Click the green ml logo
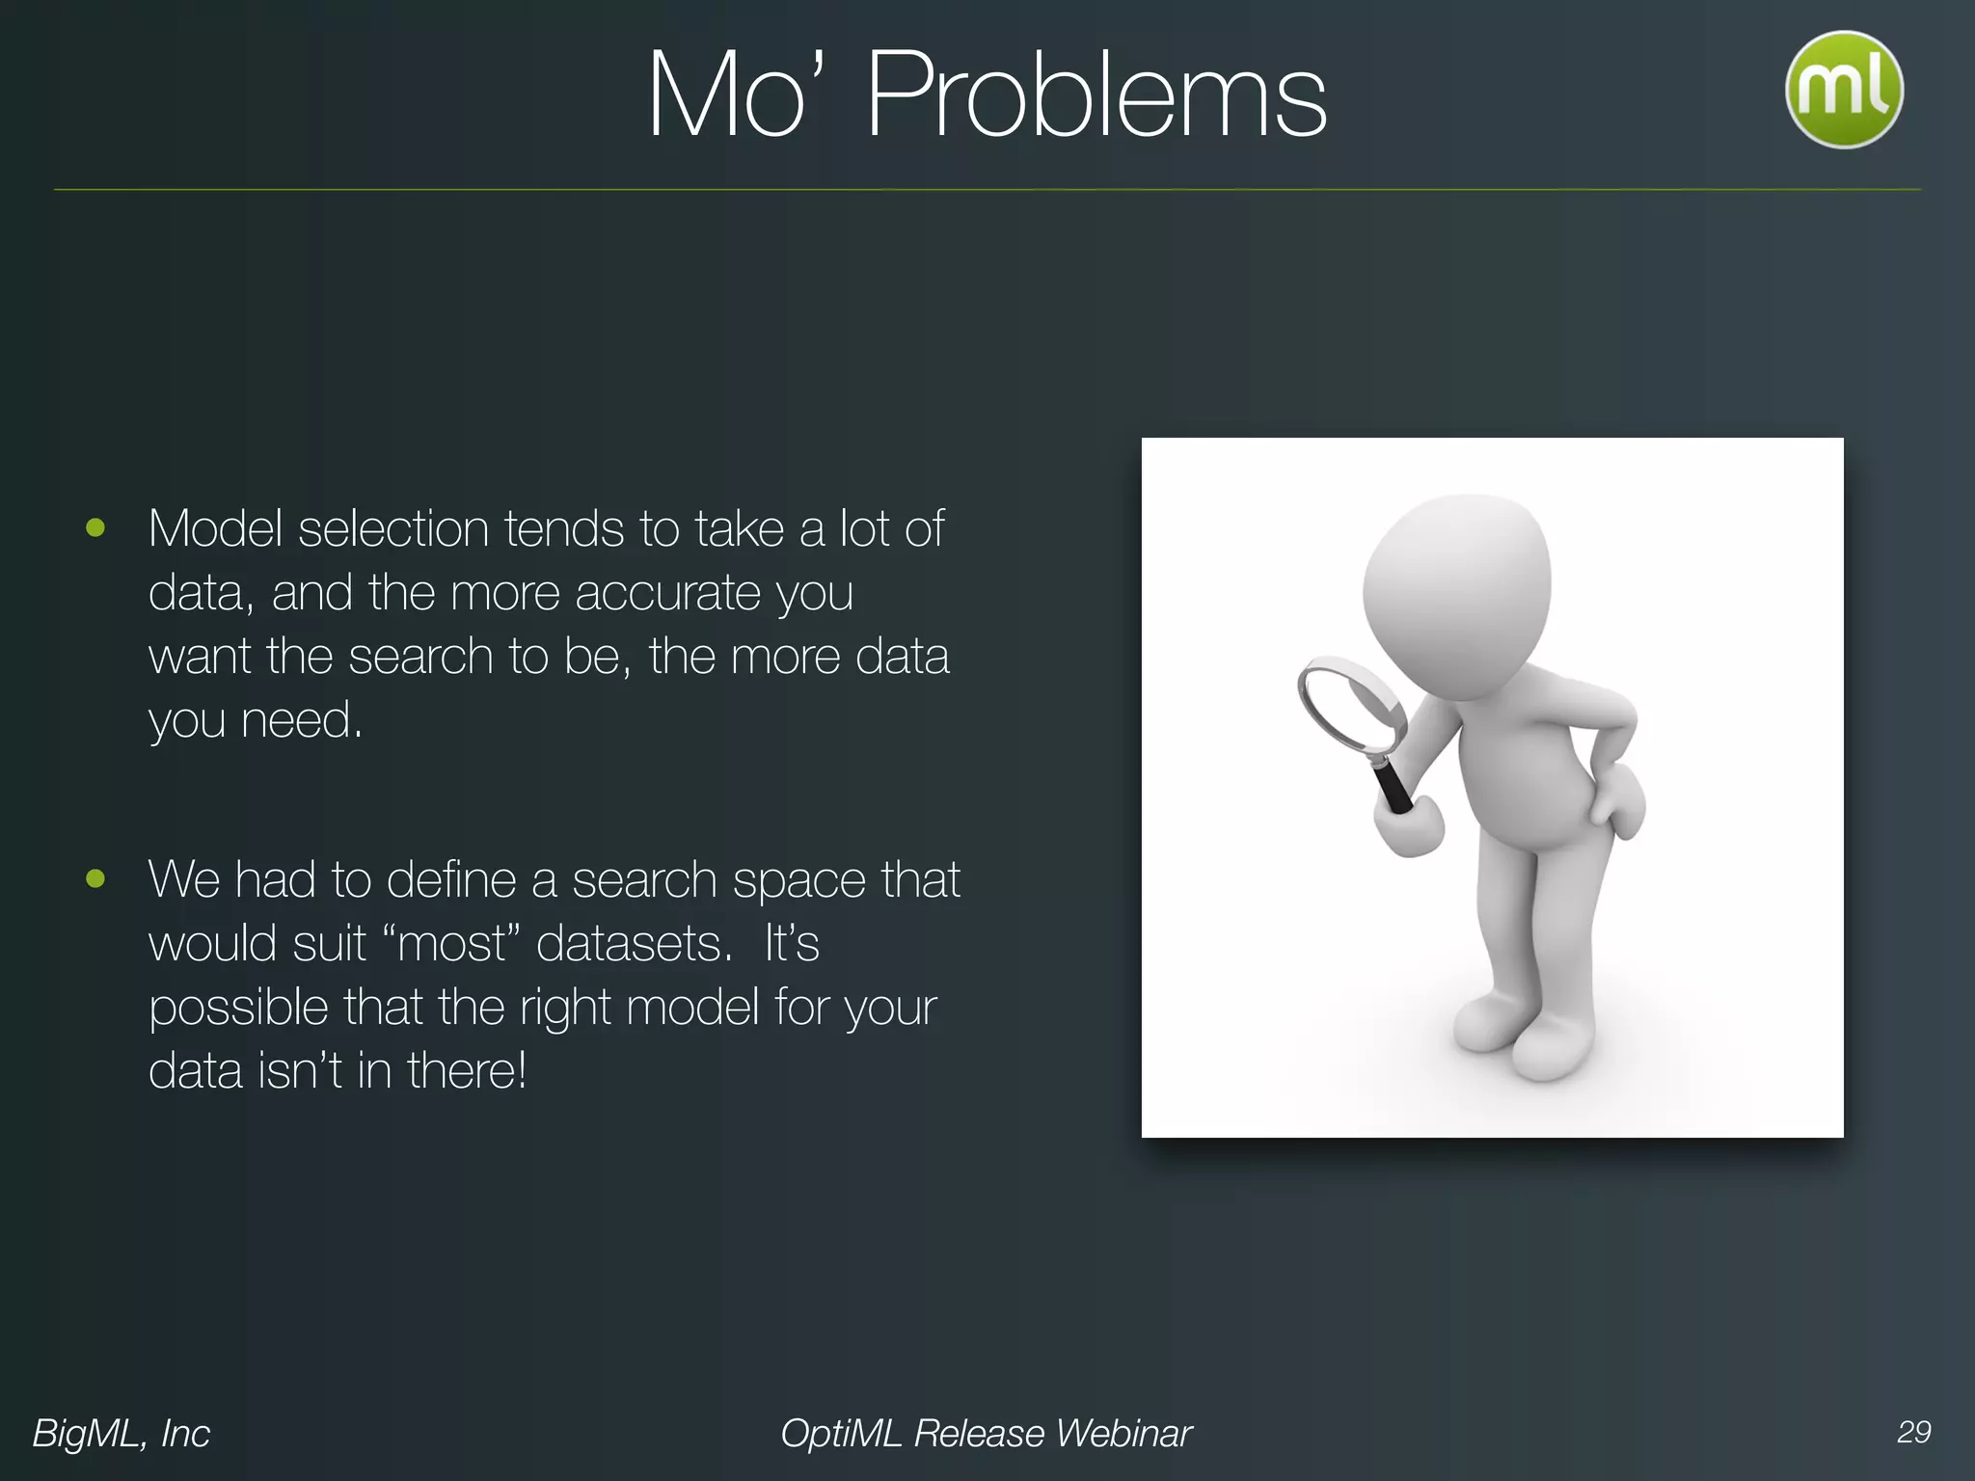tap(1844, 90)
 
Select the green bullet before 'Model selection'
tap(95, 527)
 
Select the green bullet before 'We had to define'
tap(95, 878)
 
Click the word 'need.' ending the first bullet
tap(301, 720)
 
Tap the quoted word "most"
tap(451, 943)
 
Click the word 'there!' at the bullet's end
tap(467, 1070)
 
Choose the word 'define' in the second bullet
tap(451, 879)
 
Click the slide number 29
tap(1913, 1432)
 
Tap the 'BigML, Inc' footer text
tap(122, 1434)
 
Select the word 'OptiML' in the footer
tap(841, 1434)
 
